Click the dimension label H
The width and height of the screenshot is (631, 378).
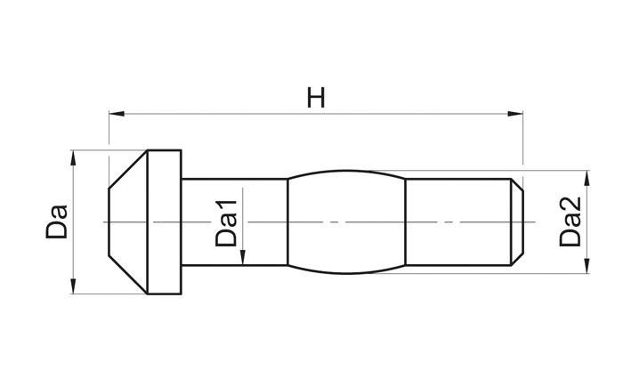click(x=315, y=97)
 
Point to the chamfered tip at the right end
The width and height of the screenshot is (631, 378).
click(x=517, y=221)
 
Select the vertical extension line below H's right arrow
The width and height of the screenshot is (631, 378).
click(x=522, y=142)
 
